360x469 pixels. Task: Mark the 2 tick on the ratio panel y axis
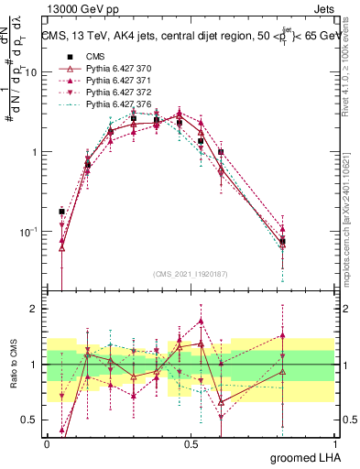[x=34, y=309]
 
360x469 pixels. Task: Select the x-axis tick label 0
[x=48, y=442]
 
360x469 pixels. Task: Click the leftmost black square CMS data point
[x=61, y=211]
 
